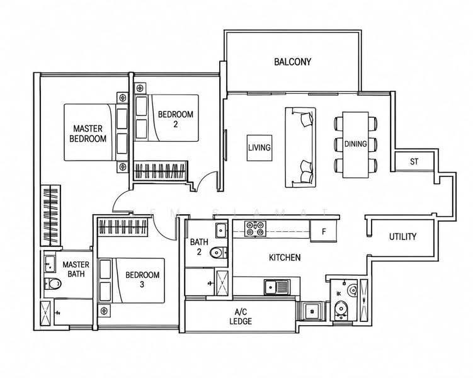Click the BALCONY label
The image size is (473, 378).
click(x=292, y=62)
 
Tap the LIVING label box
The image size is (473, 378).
click(x=259, y=148)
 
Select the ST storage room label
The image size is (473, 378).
click(x=414, y=162)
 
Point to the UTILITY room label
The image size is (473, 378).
click(x=402, y=236)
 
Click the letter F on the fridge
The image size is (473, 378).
click(x=324, y=232)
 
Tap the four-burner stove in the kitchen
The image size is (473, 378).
click(x=255, y=229)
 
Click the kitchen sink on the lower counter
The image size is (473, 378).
click(x=277, y=287)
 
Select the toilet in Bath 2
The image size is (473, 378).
click(x=219, y=253)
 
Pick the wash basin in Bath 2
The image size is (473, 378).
click(x=221, y=231)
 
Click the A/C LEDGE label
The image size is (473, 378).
click(x=241, y=316)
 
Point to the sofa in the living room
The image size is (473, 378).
click(x=300, y=147)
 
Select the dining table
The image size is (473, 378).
click(x=355, y=145)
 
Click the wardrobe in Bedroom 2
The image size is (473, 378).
click(x=160, y=171)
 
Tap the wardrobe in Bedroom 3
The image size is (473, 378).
click(x=123, y=227)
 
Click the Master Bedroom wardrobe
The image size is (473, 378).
click(x=50, y=215)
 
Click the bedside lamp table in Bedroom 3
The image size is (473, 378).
click(x=104, y=311)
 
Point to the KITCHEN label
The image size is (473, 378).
click(x=285, y=258)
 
